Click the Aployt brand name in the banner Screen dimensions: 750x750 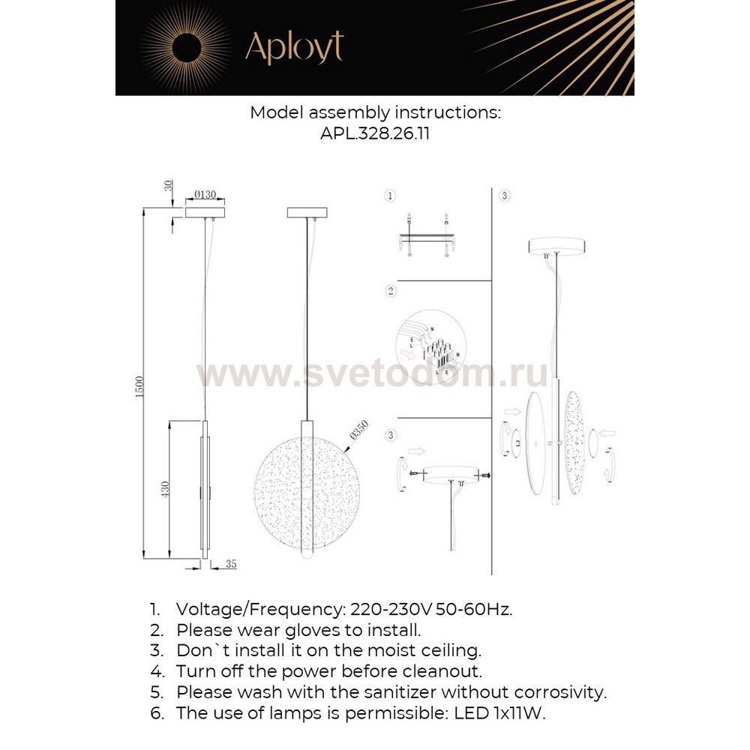pos(294,49)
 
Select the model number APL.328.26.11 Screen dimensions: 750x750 pos(374,134)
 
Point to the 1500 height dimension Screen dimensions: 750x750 pos(139,388)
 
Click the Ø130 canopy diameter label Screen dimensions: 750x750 pos(205,195)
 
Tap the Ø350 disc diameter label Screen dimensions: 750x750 pos(359,433)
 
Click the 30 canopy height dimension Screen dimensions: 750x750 pos(169,186)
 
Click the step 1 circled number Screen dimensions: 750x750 pos(389,196)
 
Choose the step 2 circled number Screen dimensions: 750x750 pos(391,290)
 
